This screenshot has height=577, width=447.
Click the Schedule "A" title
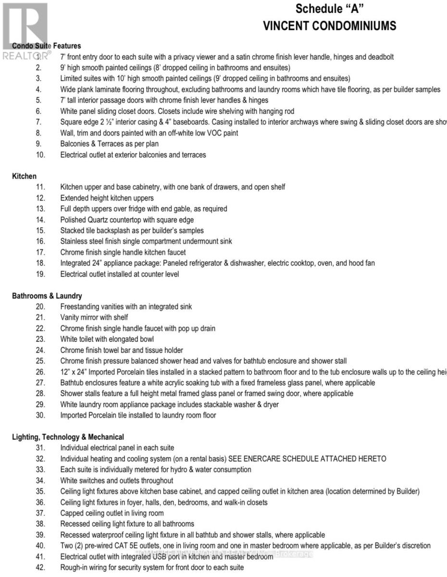(329, 9)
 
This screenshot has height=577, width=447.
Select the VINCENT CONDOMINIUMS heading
(329, 25)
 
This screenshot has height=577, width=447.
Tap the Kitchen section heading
(24, 176)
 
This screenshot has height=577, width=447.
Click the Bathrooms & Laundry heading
(47, 296)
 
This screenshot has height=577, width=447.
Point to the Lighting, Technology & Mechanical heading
(68, 437)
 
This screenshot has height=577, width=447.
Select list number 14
(40, 220)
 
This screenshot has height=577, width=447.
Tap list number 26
(40, 372)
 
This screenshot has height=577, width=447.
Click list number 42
(40, 567)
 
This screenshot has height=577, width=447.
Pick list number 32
(40, 459)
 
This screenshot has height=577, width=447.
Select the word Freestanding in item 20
(80, 306)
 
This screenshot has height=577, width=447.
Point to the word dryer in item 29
(270, 404)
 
